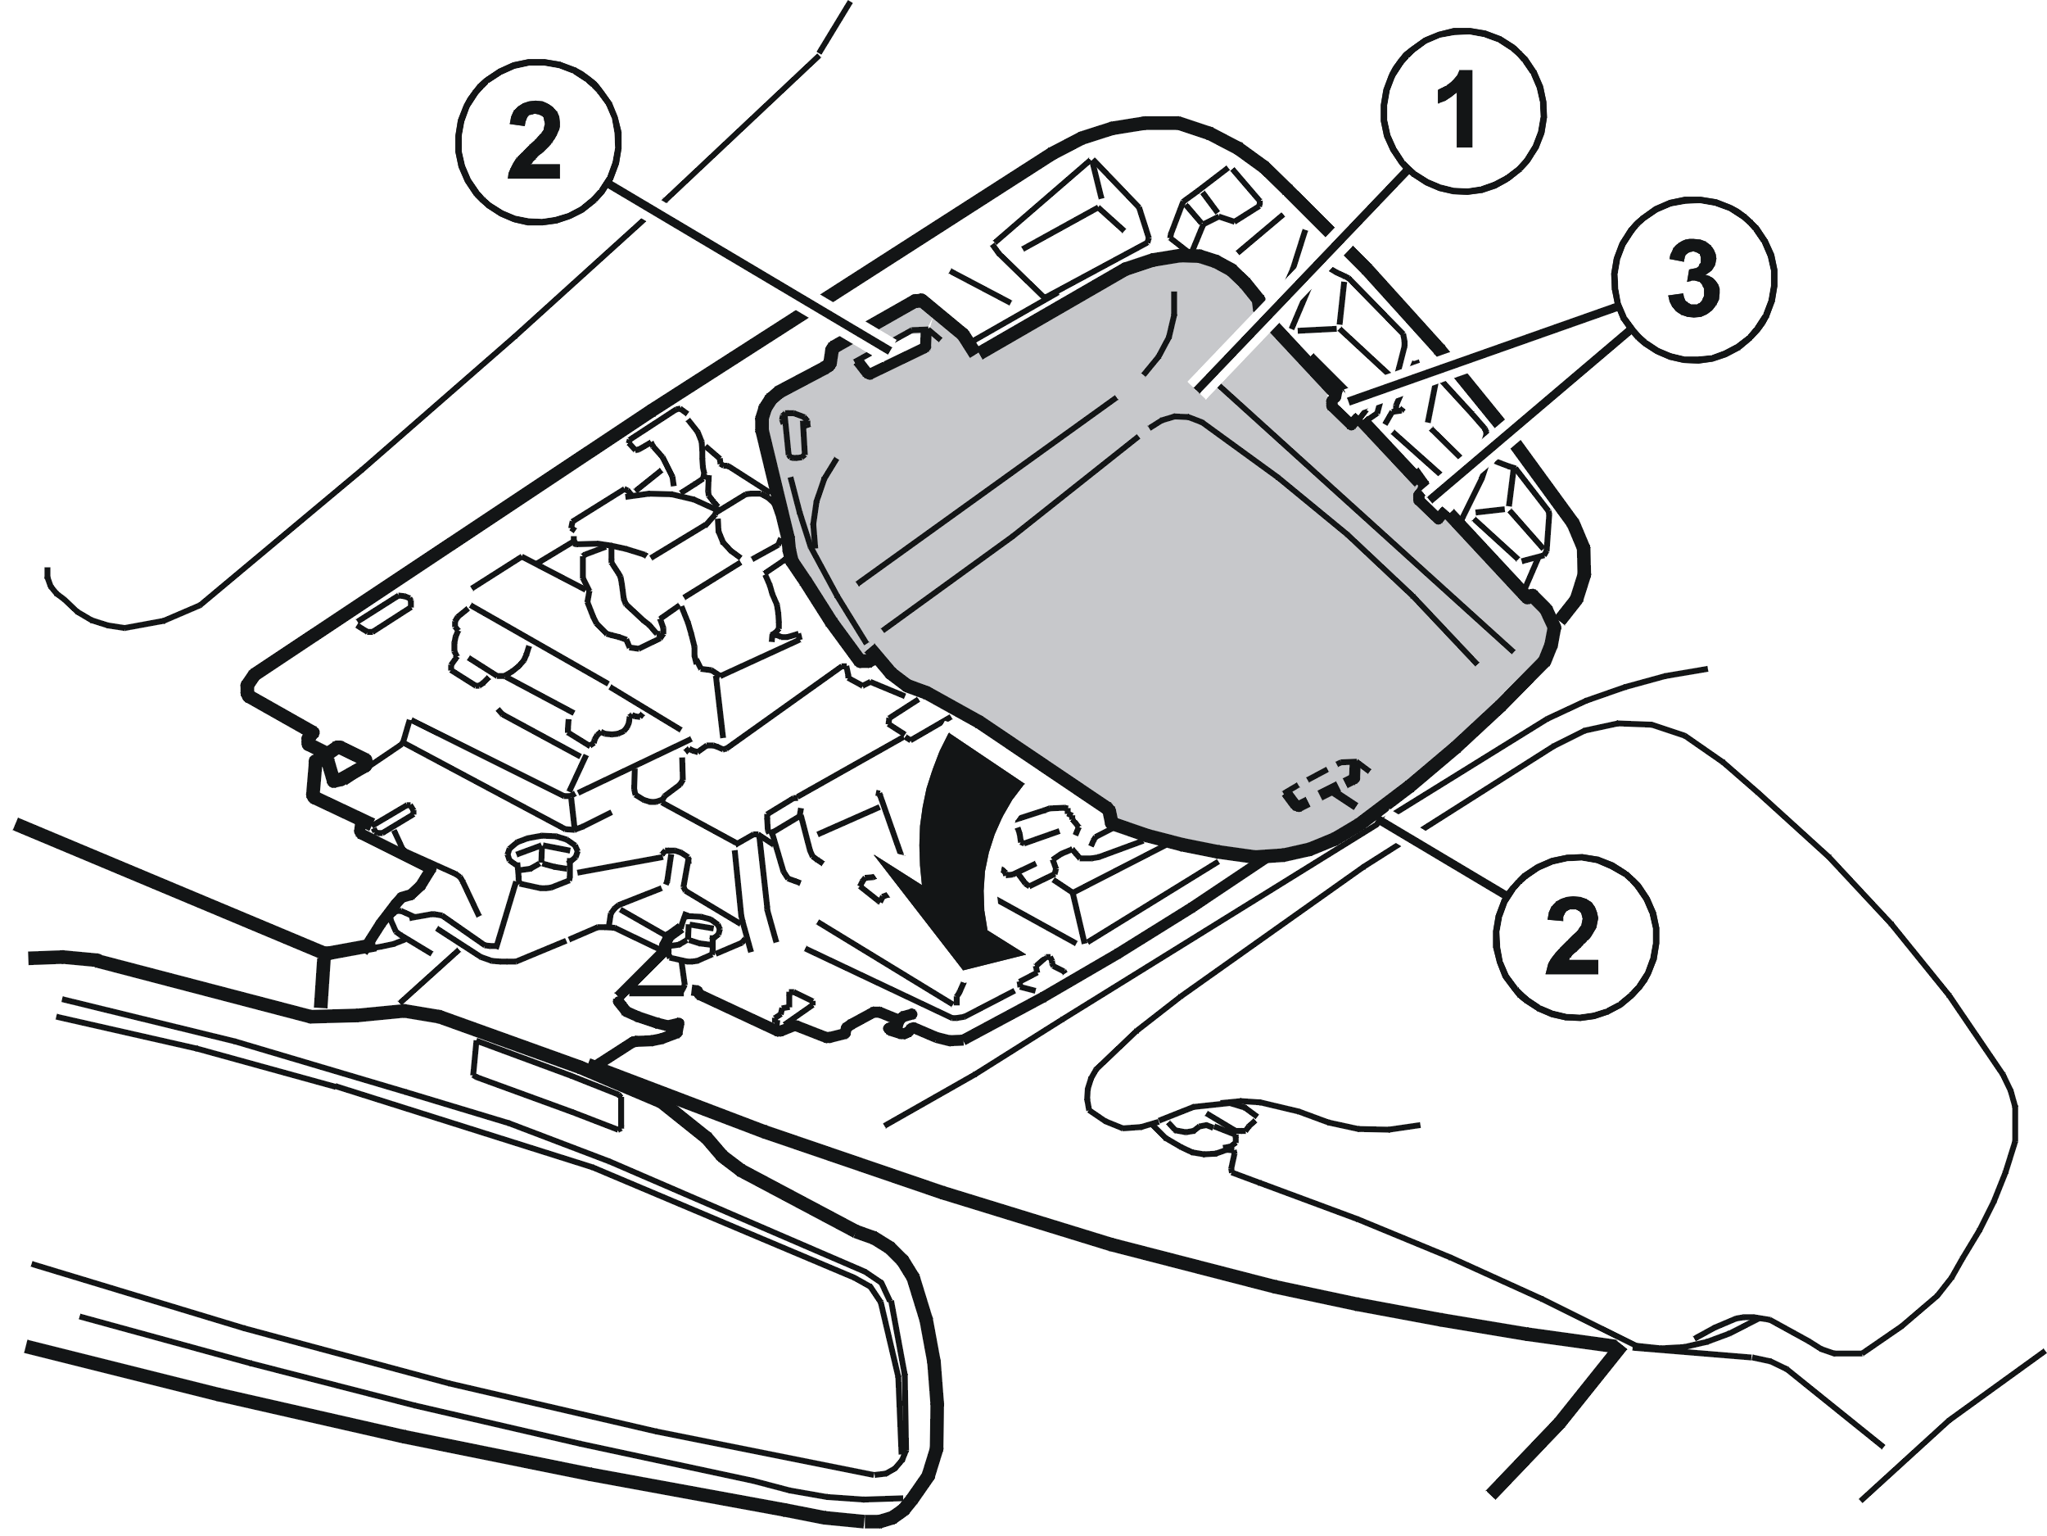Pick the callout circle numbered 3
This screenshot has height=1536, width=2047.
point(1693,279)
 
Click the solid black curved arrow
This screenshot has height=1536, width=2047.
point(962,852)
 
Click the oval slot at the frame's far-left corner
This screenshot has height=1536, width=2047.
point(382,614)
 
